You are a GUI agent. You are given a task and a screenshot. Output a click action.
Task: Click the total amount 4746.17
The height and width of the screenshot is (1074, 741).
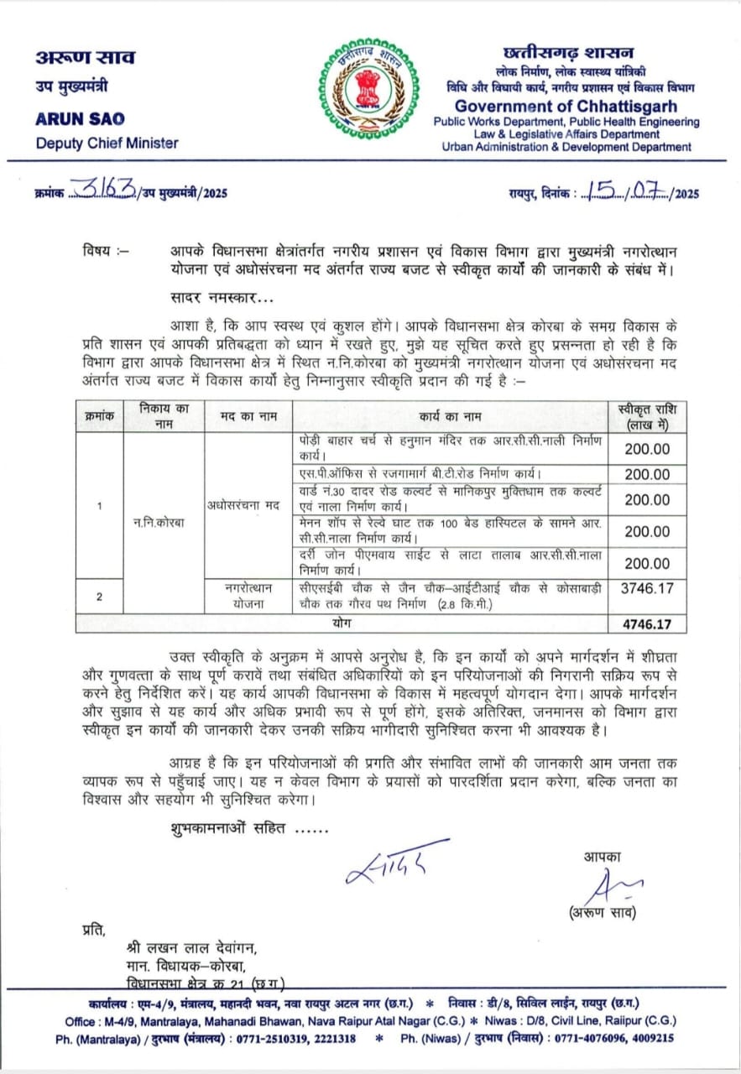coord(647,624)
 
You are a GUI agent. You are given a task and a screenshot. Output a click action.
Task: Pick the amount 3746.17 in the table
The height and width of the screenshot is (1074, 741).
coord(647,589)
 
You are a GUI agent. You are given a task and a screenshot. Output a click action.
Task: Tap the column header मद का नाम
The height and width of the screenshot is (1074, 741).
coord(248,416)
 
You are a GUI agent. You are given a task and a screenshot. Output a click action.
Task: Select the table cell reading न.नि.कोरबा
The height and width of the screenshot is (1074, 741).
coord(163,522)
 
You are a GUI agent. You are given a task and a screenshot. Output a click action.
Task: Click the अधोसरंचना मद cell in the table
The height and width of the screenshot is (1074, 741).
coord(248,505)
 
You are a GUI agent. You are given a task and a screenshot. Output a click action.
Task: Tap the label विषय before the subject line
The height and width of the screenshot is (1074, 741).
coord(105,251)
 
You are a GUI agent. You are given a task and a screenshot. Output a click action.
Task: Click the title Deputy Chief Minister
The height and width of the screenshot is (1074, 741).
coord(107,142)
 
